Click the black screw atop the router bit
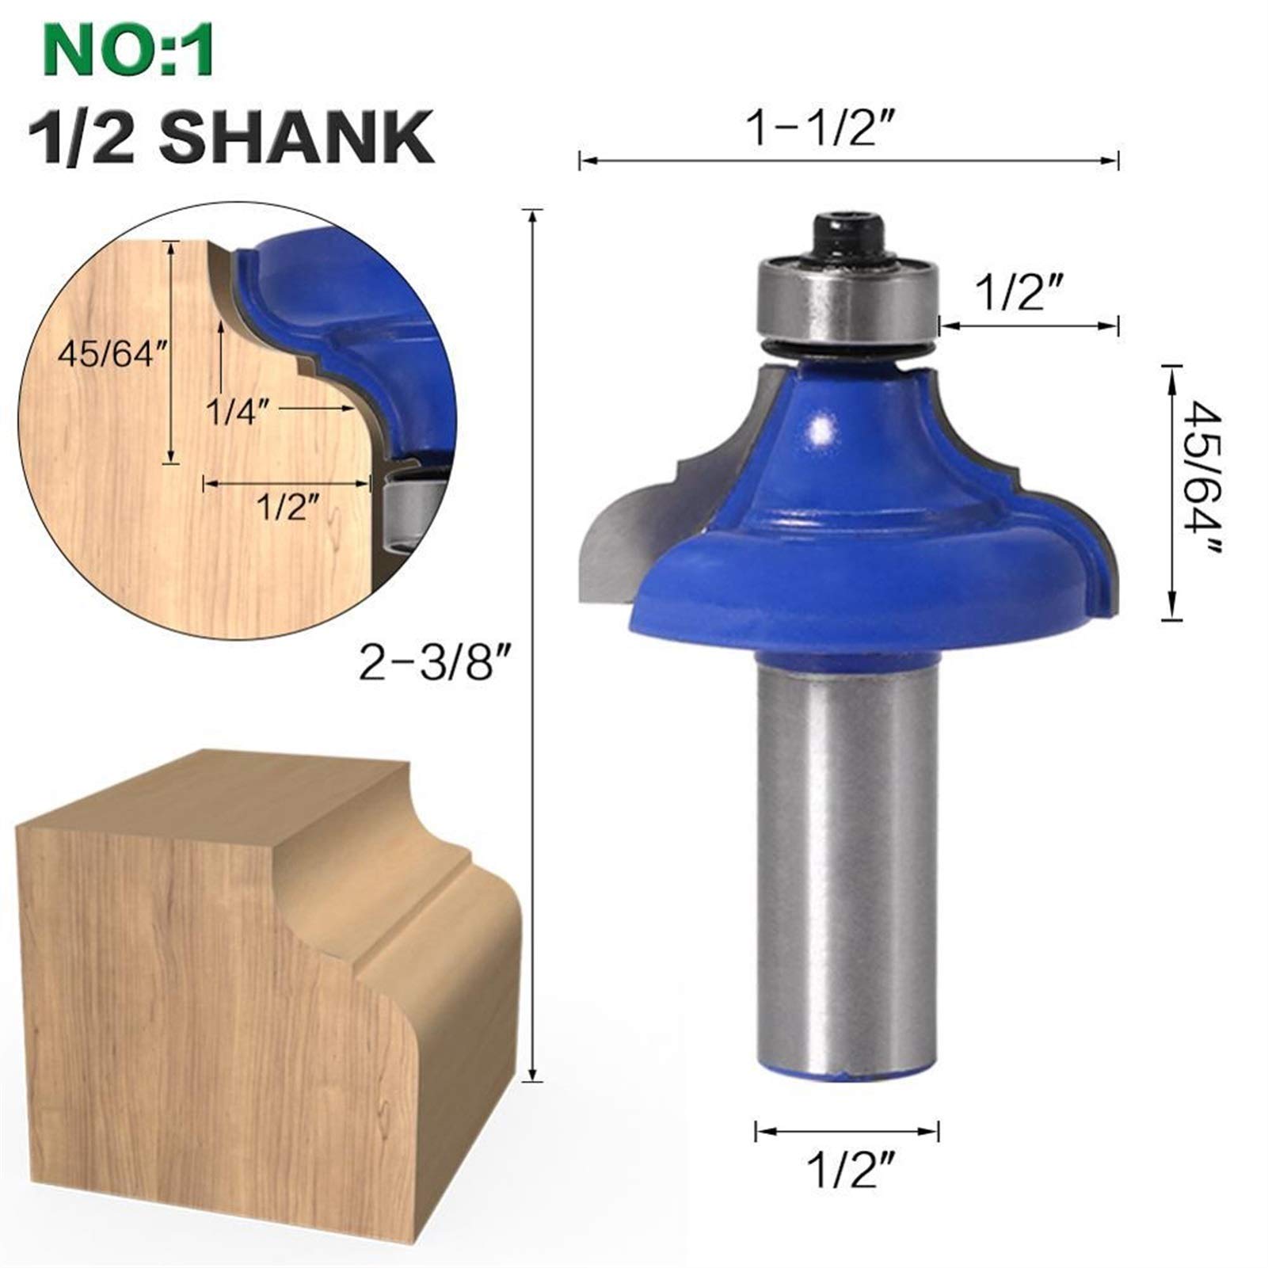tap(848, 238)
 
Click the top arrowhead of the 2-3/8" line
tap(535, 212)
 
